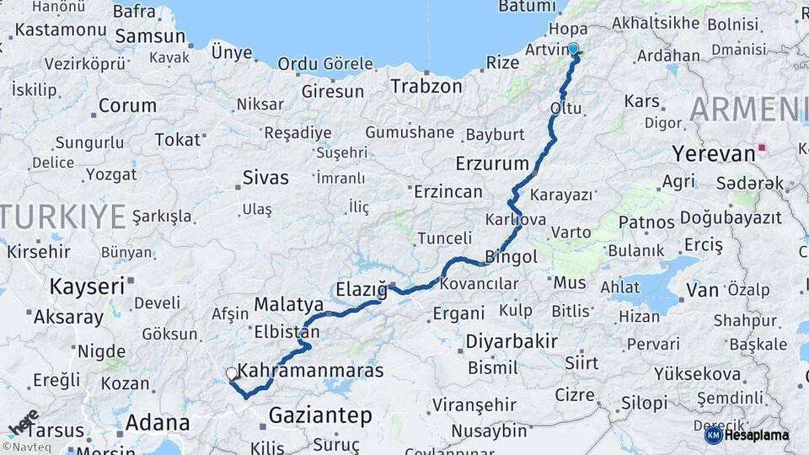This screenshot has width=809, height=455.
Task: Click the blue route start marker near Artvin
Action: point(573,49)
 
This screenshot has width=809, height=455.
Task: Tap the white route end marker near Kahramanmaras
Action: point(231,372)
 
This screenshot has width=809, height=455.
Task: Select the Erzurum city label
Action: point(492,163)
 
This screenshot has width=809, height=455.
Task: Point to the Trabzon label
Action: point(426,86)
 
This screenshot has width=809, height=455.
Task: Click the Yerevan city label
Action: point(713,153)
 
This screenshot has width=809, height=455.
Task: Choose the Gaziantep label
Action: point(320,415)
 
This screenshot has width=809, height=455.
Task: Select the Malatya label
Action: point(289,303)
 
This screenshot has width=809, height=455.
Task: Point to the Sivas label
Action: point(265,178)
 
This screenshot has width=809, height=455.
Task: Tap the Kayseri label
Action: point(87,286)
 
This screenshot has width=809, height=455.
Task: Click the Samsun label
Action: point(150,36)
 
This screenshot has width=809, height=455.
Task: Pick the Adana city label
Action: point(158,422)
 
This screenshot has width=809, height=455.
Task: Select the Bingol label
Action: point(512,255)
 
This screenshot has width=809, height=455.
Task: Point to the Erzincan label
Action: point(447,192)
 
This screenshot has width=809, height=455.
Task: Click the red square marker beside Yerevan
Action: point(763,147)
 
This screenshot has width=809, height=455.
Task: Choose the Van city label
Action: point(702,291)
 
